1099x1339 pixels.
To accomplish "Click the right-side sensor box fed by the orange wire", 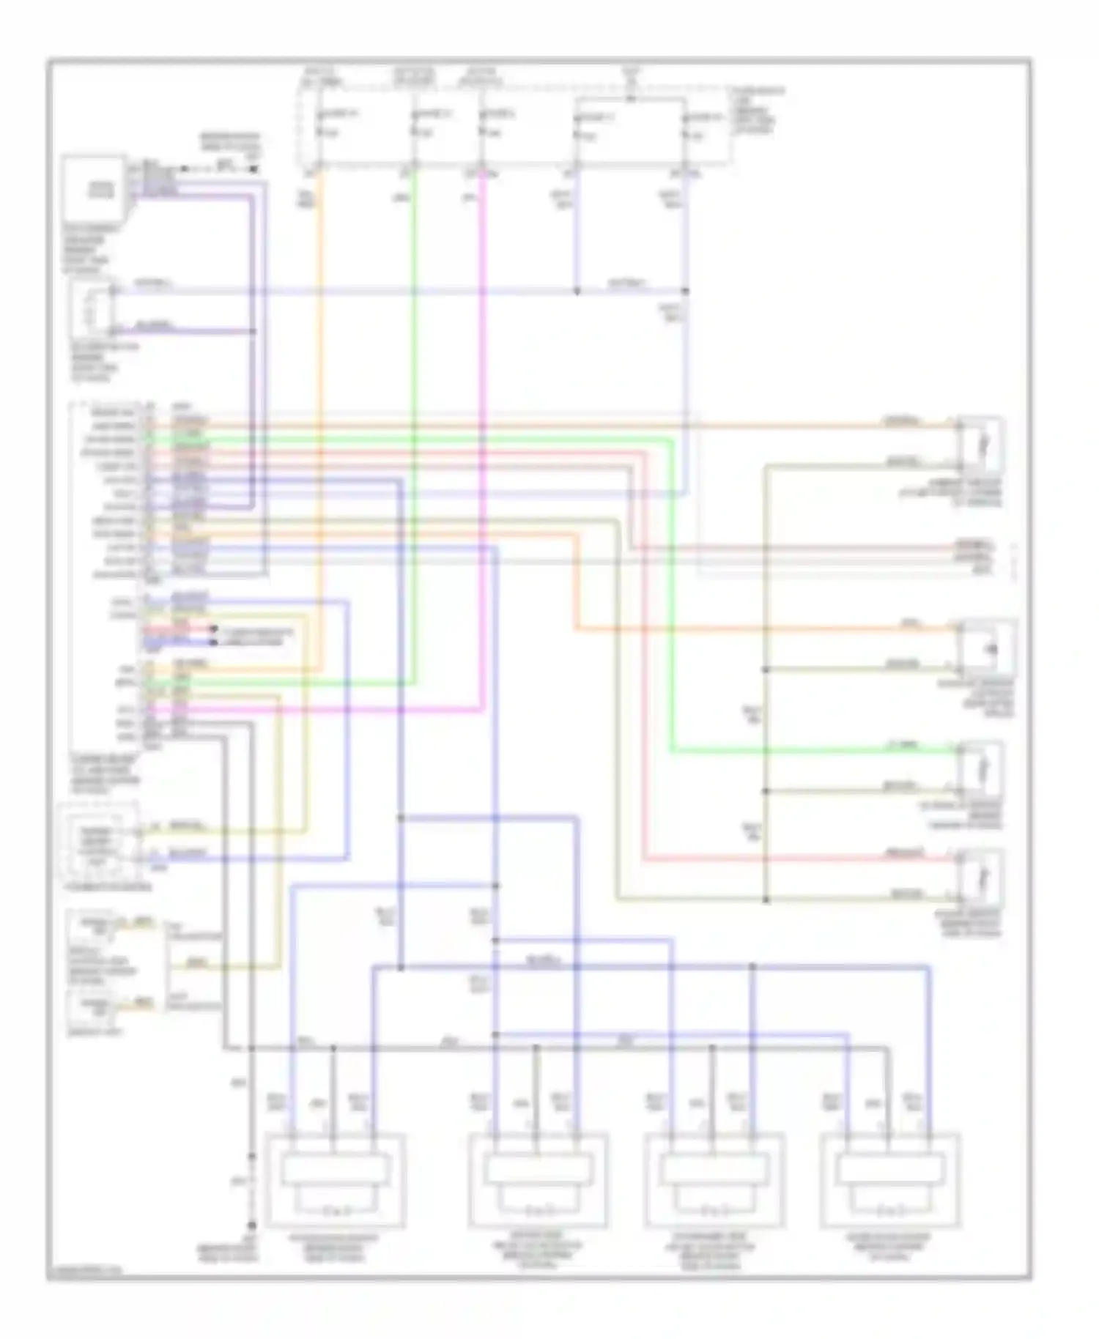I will [x=989, y=648].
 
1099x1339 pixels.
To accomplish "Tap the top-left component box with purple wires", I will [x=93, y=188].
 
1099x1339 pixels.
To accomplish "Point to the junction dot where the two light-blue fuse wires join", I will [x=577, y=292].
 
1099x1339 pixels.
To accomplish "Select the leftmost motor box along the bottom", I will [x=335, y=1180].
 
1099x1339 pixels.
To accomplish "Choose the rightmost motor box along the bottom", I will [x=890, y=1180].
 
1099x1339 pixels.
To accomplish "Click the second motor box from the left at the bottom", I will [x=538, y=1180].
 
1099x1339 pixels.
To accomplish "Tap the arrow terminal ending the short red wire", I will [x=214, y=629].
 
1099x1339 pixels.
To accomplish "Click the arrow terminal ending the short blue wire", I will [x=214, y=642].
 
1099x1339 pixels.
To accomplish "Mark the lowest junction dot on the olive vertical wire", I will [x=766, y=900].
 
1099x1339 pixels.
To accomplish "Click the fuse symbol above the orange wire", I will [x=320, y=125].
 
